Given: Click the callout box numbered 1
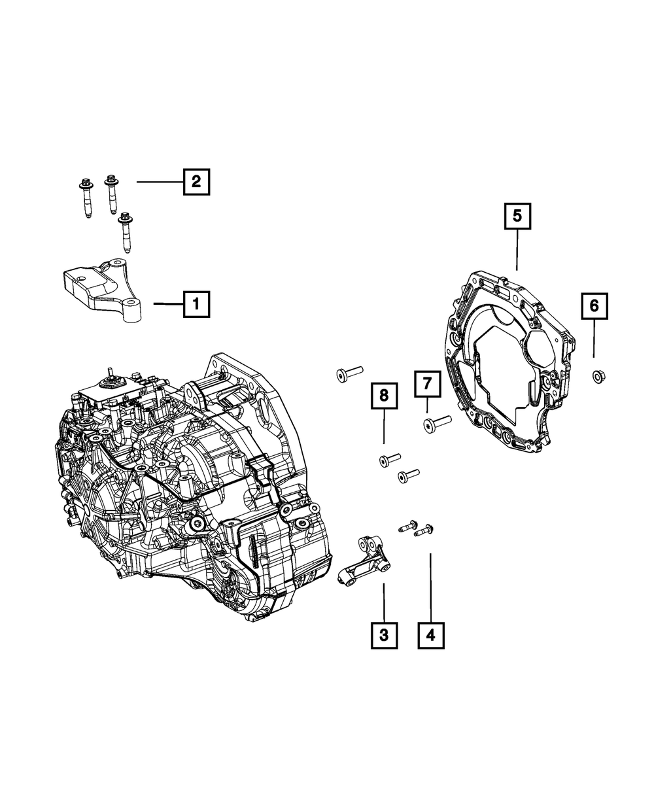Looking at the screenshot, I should click(197, 304).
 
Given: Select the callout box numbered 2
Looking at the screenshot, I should click(196, 181).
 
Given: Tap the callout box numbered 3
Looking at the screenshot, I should click(384, 634).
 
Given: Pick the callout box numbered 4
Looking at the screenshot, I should click(431, 634).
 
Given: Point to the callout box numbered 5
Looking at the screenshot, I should click(517, 215).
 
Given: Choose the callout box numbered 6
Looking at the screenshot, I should click(594, 305).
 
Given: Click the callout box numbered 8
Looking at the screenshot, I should click(384, 394).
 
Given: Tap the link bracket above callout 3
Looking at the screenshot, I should click(364, 559).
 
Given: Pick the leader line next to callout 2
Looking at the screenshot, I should click(159, 181).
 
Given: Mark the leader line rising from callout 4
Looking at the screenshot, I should click(431, 585).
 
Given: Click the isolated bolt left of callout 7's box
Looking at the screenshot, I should click(348, 373).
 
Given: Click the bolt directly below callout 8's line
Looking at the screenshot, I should click(389, 460).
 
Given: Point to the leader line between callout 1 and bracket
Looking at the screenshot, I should click(168, 304).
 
